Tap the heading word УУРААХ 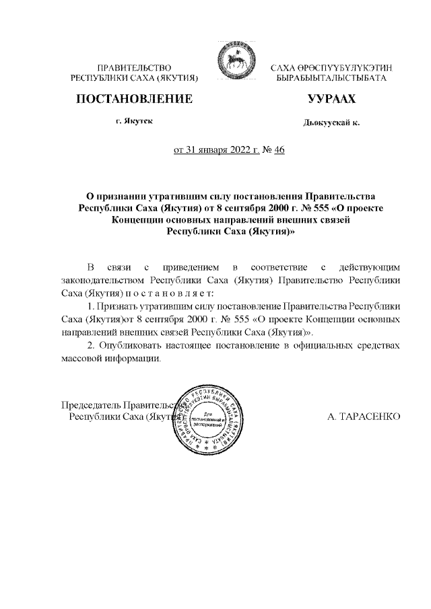[331, 100]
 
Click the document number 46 [280, 151]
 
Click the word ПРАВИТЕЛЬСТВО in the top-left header [135, 69]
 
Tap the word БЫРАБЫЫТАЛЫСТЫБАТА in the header [331, 79]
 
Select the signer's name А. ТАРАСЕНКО [364, 417]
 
